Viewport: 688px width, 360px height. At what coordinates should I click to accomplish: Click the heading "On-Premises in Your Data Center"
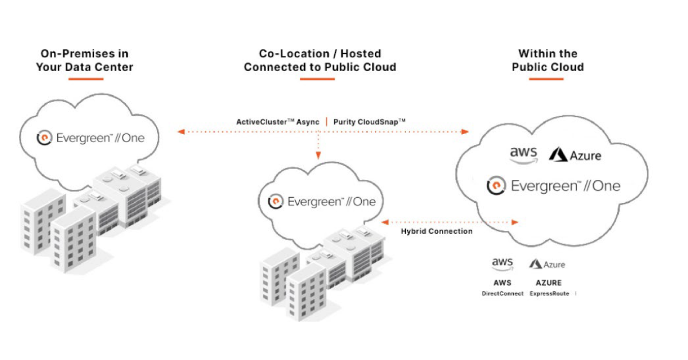pyautogui.click(x=84, y=60)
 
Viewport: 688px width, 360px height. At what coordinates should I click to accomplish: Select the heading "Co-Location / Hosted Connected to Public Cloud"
pyautogui.click(x=320, y=60)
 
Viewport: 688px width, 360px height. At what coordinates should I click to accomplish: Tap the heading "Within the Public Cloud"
pyautogui.click(x=548, y=60)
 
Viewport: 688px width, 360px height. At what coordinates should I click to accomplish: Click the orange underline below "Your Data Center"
pyautogui.click(x=85, y=79)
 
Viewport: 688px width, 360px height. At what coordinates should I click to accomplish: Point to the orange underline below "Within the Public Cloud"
pyautogui.click(x=546, y=79)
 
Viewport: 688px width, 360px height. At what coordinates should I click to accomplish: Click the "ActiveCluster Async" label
pyautogui.click(x=278, y=122)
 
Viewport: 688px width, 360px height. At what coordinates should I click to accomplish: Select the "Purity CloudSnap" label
pyautogui.click(x=369, y=122)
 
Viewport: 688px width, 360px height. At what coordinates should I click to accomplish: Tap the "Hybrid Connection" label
pyautogui.click(x=436, y=231)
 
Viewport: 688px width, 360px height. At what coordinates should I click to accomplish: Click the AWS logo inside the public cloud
pyautogui.click(x=523, y=154)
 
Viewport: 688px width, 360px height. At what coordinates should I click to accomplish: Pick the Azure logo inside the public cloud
pyautogui.click(x=575, y=155)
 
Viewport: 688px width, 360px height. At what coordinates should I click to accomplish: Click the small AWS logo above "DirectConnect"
pyautogui.click(x=502, y=264)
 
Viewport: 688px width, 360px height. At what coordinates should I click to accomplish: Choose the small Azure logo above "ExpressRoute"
pyautogui.click(x=547, y=264)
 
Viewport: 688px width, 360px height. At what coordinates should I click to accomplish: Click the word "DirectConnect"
pyautogui.click(x=502, y=293)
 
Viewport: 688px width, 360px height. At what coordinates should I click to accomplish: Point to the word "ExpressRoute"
pyautogui.click(x=549, y=293)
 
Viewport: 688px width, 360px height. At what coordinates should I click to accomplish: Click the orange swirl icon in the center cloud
pyautogui.click(x=276, y=201)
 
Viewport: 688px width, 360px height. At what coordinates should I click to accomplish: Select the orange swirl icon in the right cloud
pyautogui.click(x=495, y=186)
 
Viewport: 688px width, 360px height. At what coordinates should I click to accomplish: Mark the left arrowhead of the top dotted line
pyautogui.click(x=181, y=132)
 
